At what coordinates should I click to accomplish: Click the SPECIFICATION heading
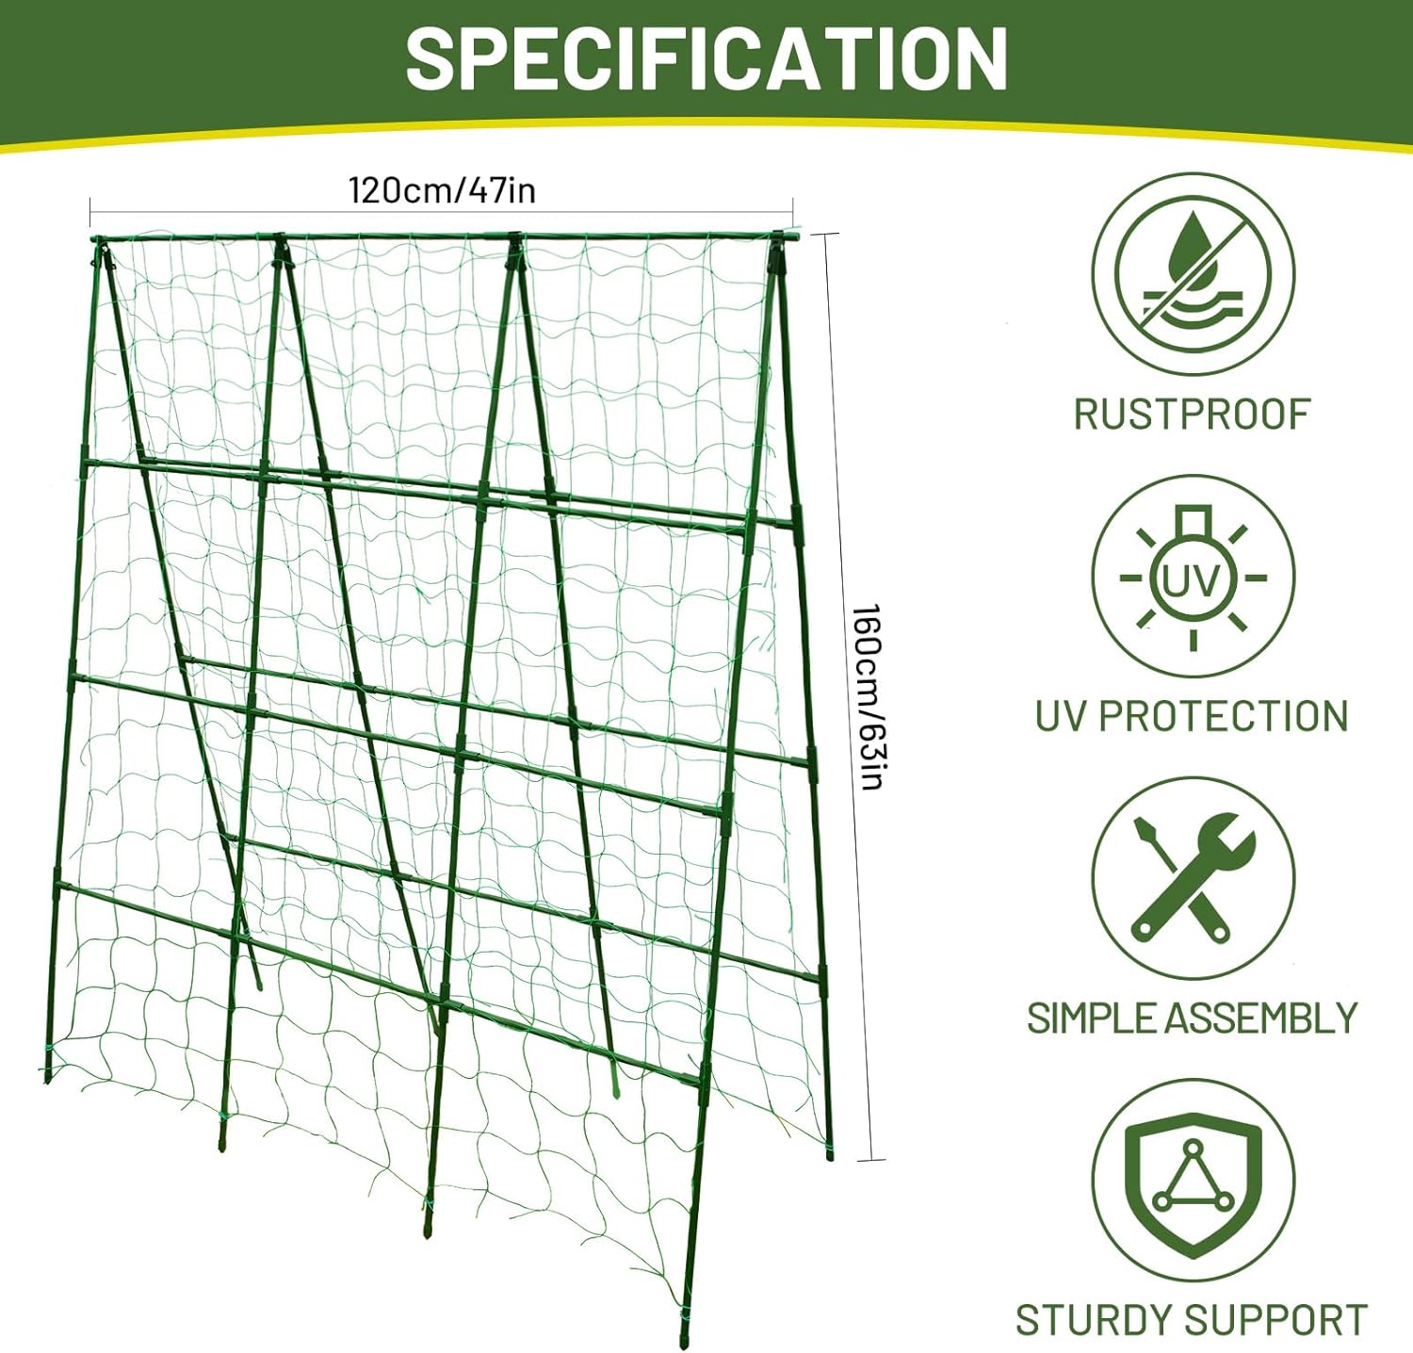706,58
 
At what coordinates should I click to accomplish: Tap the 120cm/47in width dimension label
442,190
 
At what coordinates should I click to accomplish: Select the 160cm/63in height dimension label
867,696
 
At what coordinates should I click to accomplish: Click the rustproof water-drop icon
1193,274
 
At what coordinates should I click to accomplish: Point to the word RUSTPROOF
1192,415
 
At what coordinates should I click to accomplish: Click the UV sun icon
1193,577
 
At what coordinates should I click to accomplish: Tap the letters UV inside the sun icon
1193,581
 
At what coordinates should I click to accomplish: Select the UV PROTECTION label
1192,716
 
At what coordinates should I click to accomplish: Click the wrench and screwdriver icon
1193,878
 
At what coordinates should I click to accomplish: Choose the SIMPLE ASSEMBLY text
1192,1019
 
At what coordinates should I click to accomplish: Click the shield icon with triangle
1193,1181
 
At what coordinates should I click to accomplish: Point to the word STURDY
1094,1320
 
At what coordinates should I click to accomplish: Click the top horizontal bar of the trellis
443,236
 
